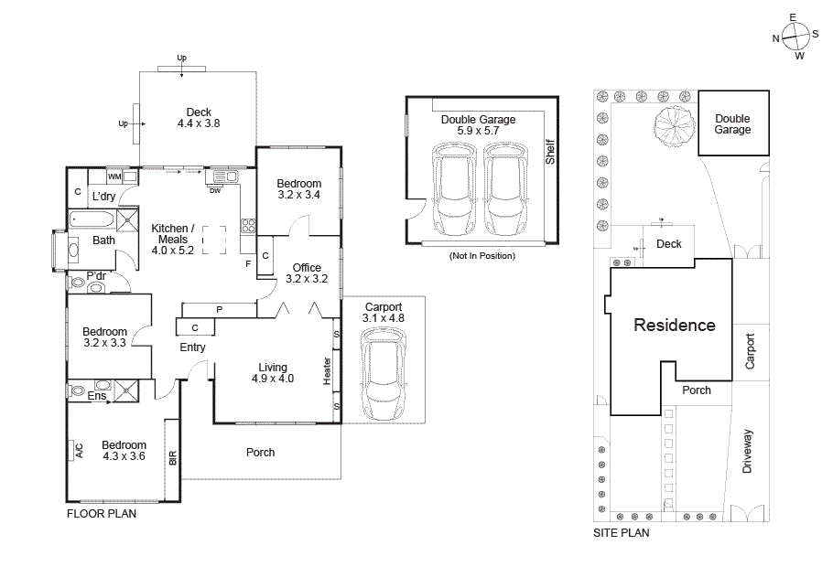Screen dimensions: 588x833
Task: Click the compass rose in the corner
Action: pos(795,37)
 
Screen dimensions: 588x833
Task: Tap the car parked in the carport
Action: pos(383,375)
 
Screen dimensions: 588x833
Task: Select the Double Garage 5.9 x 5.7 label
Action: pos(478,125)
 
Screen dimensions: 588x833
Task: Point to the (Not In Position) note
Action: pos(481,256)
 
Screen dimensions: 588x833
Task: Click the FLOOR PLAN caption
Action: pos(102,514)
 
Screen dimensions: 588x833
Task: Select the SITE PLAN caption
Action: pos(622,533)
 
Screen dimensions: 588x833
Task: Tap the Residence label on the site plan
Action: pos(675,325)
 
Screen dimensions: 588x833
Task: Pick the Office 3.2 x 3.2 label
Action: pos(307,273)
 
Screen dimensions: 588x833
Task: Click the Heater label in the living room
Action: pos(327,371)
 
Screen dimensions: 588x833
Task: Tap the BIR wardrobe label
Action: pos(172,457)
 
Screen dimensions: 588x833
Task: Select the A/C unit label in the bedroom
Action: pos(79,450)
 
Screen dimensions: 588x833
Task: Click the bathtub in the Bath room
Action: pos(91,219)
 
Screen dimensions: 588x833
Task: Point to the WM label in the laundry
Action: pos(114,176)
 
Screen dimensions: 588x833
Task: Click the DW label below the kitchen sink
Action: pos(215,190)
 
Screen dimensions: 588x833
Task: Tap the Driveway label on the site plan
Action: pos(748,450)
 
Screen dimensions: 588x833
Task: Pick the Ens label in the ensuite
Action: pos(96,396)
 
